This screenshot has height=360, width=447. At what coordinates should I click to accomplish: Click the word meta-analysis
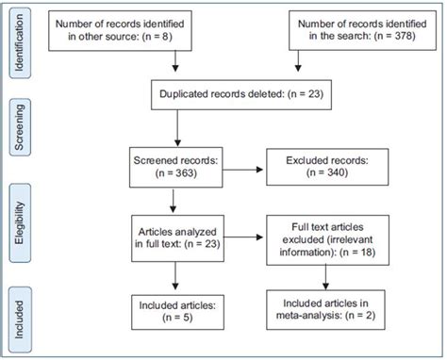click(x=311, y=319)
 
